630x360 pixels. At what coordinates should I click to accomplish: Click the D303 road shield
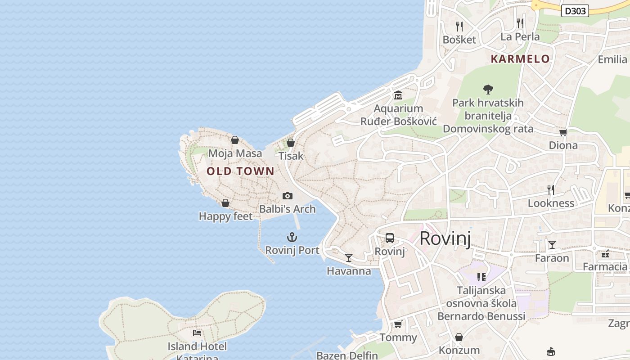[575, 11]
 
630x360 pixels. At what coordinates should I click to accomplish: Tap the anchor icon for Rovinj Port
[292, 237]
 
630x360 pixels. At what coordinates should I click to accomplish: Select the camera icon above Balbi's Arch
[287, 196]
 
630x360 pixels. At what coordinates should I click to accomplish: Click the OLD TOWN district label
[240, 171]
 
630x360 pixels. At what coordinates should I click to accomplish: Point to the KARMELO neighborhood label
[520, 59]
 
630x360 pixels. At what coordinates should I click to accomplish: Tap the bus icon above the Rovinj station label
[390, 238]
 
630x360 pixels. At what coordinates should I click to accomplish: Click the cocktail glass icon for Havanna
[349, 258]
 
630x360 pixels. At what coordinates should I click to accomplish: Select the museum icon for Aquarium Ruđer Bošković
[398, 95]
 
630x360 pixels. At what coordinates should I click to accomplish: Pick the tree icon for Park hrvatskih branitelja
[488, 90]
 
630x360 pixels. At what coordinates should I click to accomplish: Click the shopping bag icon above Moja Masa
[234, 140]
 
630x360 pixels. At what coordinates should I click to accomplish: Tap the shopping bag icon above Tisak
[291, 143]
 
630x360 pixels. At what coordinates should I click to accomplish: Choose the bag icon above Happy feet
[225, 203]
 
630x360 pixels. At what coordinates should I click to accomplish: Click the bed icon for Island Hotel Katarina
[197, 333]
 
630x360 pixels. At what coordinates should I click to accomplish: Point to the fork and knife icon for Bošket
[459, 27]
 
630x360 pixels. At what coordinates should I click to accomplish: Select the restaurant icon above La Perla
[520, 23]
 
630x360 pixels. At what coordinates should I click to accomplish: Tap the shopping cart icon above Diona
[562, 132]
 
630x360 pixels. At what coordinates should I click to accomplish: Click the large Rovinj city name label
[445, 238]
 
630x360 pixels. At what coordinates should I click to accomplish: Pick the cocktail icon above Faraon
[552, 245]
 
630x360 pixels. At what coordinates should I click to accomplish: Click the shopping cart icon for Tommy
[398, 324]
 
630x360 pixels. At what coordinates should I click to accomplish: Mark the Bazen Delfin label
[347, 355]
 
